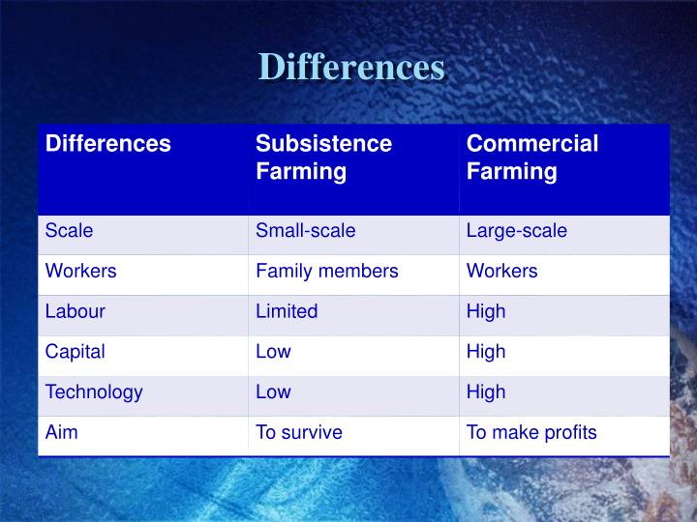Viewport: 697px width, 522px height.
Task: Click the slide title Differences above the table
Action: coord(351,68)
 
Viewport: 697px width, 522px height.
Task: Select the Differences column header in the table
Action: coord(107,144)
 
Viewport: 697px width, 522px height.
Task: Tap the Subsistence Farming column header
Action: coord(323,158)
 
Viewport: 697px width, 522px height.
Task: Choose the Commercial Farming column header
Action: coord(531,158)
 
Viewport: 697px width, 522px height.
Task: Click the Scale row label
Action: coord(69,231)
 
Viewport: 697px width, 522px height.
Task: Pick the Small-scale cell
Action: coord(305,231)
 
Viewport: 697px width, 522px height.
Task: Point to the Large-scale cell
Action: coord(516,231)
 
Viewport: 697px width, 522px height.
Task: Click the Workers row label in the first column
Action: coord(80,272)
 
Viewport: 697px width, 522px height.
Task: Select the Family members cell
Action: coord(326,272)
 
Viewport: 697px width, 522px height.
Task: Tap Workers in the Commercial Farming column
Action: coord(501,272)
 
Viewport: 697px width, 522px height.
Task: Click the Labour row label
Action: coord(75,311)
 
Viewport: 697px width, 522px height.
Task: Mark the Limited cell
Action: coord(287,311)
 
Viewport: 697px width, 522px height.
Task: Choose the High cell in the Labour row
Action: coord(486,311)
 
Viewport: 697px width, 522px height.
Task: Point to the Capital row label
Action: coord(75,352)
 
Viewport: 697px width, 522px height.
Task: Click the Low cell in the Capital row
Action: coord(273,352)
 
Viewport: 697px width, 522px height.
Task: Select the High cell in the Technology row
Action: coord(486,391)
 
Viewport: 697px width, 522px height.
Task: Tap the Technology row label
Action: coord(94,391)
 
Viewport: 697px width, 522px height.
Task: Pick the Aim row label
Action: coord(61,432)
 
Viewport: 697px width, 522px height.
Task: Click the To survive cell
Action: coord(298,432)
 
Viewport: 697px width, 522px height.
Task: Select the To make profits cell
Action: coord(531,432)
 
